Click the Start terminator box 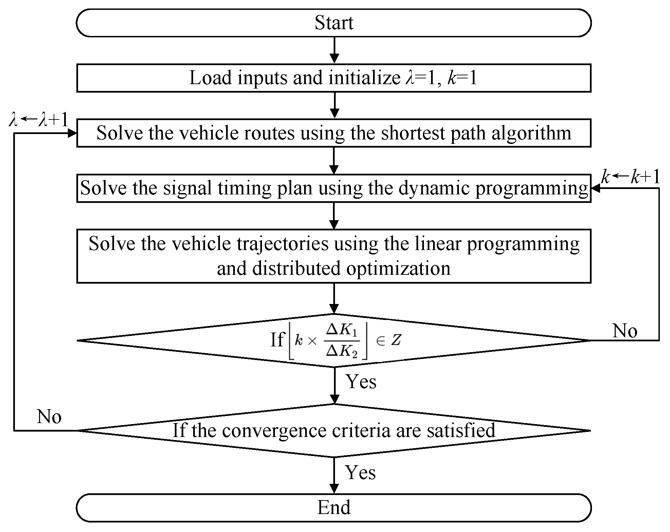tap(334, 23)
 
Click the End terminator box tap(334, 508)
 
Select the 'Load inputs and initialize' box tap(334, 78)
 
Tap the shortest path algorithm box tap(334, 133)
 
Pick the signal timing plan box tap(334, 188)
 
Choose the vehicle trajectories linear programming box tap(334, 256)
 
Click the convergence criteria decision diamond tap(334, 431)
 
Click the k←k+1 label tap(631, 177)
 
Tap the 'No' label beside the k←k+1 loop tap(625, 330)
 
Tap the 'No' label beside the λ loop tap(49, 416)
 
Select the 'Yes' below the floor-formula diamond tap(361, 382)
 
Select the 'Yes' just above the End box tap(360, 473)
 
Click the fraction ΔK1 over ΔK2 tap(342, 340)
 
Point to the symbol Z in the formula tap(396, 340)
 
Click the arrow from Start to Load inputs tap(334, 50)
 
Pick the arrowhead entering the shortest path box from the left tap(72, 133)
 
